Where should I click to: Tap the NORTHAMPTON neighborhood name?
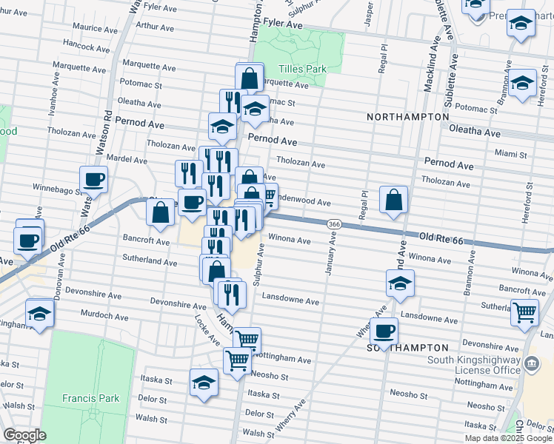[408, 117]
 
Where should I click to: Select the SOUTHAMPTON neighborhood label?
[408, 347]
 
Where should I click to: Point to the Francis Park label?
[90, 398]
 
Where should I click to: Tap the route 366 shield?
[334, 223]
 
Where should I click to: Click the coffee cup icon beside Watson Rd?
[94, 179]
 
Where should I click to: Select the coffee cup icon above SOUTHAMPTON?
[384, 331]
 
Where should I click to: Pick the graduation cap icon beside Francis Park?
[204, 382]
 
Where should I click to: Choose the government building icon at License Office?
[532, 364]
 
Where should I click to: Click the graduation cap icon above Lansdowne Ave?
[400, 283]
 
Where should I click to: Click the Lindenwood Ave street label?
[303, 201]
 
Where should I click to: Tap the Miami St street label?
[512, 155]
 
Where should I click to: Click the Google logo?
[24, 435]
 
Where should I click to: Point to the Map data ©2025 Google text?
[507, 438]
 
